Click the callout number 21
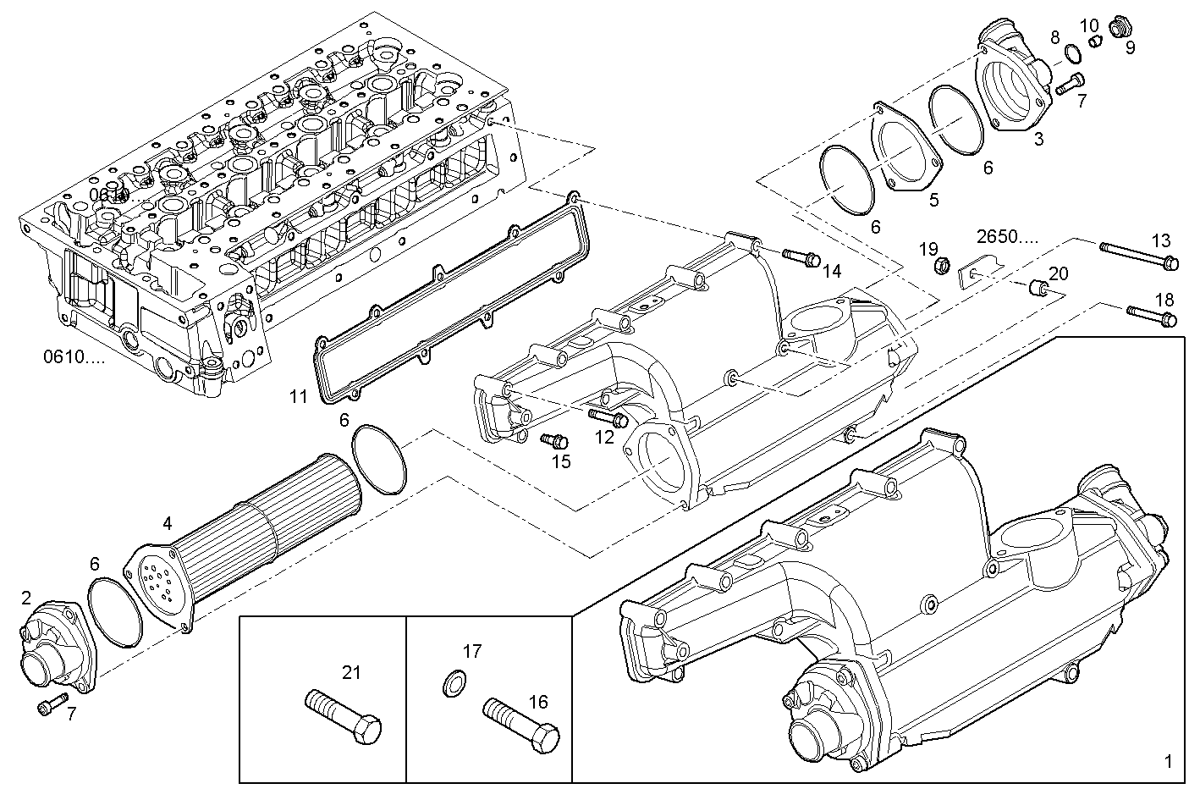point(351,672)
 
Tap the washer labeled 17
point(454,682)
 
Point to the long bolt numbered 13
point(1139,256)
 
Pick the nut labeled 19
point(939,268)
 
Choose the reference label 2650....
point(1006,235)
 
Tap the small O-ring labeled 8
point(1072,55)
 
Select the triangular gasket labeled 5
point(905,152)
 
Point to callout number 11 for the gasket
point(297,395)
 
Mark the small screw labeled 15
point(553,440)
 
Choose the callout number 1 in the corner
point(1168,761)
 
